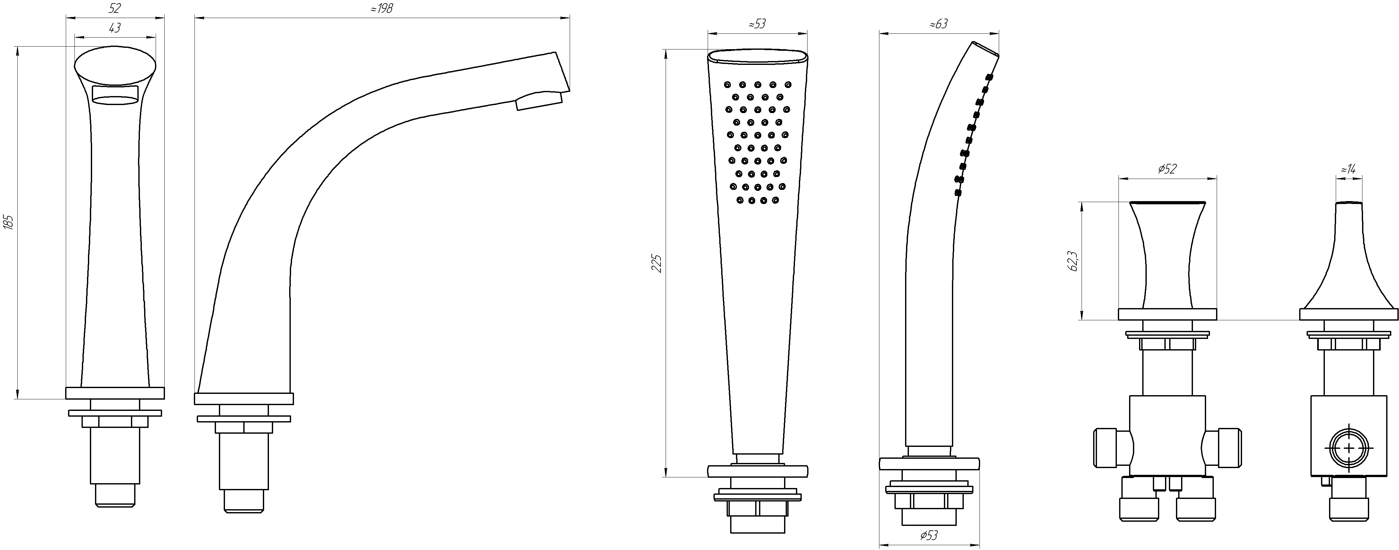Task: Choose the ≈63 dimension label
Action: coord(938,24)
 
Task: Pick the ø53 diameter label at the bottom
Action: coord(929,536)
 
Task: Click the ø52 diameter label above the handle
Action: coord(1167,169)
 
